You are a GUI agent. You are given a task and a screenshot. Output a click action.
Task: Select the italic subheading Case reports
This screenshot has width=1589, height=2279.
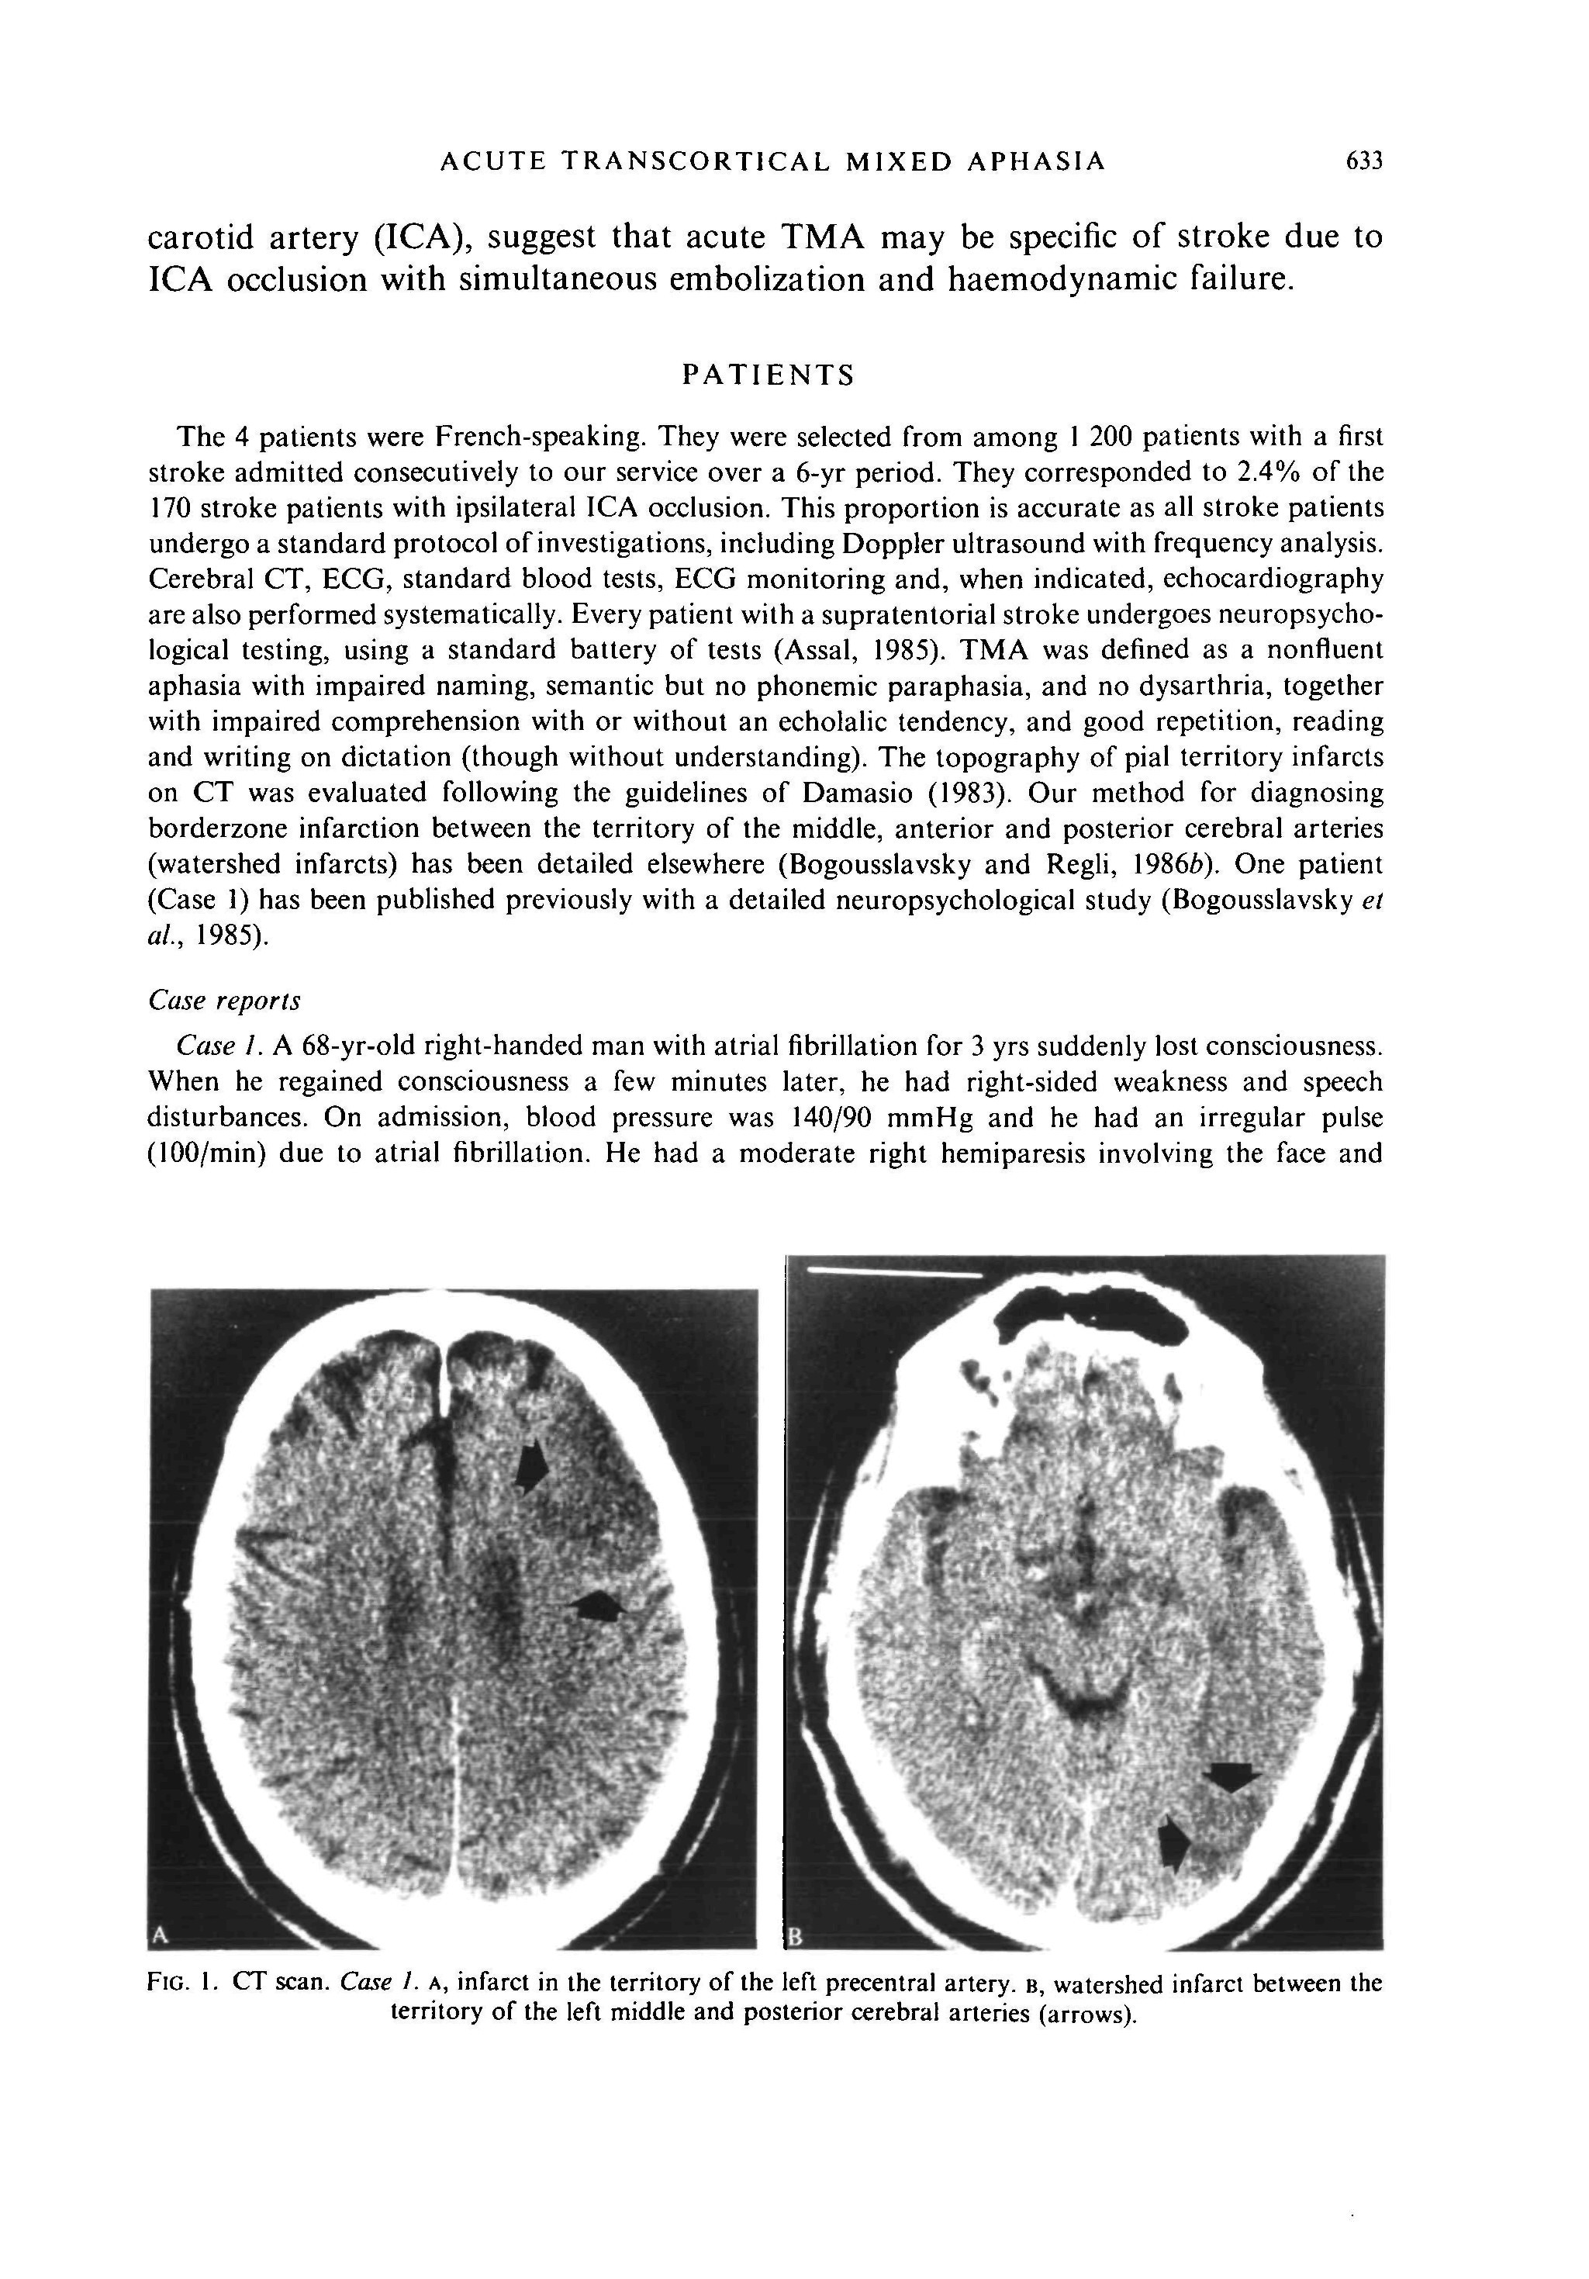point(223,1001)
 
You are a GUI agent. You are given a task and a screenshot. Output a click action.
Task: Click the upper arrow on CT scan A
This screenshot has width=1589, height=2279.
point(531,1465)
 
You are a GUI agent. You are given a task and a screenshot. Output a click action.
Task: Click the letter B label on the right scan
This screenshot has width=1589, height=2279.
point(793,1937)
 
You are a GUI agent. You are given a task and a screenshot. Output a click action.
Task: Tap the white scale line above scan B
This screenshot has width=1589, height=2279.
point(893,1271)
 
